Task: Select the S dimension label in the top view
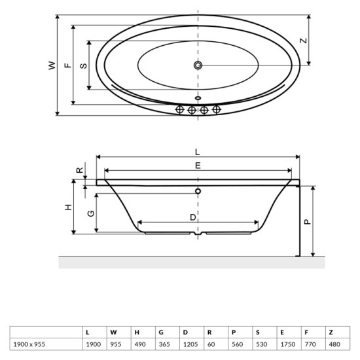[x=82, y=65]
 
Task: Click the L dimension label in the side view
[x=198, y=152]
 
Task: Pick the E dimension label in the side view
[x=198, y=166]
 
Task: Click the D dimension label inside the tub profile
[x=193, y=217]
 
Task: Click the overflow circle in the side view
[x=198, y=192]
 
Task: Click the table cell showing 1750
[x=285, y=343]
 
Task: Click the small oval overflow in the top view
[x=198, y=99]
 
